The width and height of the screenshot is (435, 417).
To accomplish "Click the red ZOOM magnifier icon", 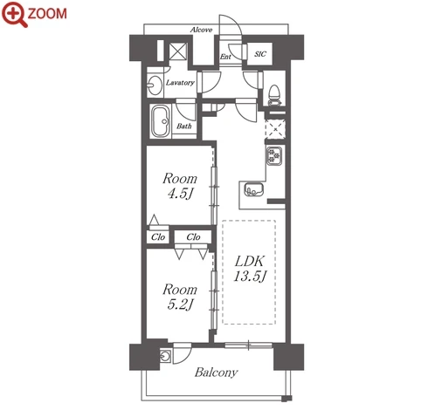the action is click(x=15, y=14).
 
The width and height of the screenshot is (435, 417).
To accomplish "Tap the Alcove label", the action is click(x=201, y=30).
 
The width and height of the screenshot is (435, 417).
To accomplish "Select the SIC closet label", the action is click(x=260, y=54).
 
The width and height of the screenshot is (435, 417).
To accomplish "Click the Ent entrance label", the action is click(x=225, y=57).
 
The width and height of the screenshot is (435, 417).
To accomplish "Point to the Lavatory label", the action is click(x=180, y=83).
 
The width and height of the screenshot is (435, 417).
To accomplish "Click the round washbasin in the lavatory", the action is click(x=155, y=85).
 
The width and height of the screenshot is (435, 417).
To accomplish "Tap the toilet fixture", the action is click(x=273, y=95).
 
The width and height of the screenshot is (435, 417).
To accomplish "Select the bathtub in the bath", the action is click(x=161, y=120).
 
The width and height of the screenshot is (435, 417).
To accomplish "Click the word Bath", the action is click(x=184, y=126).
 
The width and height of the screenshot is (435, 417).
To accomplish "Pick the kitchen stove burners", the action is click(x=274, y=156).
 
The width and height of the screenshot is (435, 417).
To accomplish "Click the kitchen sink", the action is click(x=254, y=189).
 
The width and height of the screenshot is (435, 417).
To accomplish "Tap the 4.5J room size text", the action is click(x=180, y=194).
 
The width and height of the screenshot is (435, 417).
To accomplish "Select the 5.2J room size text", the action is click(x=180, y=304).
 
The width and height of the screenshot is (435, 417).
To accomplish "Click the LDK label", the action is click(x=250, y=262).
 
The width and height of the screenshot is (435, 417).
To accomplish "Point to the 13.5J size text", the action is click(x=250, y=277).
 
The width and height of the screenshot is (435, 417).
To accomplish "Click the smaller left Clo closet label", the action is click(x=158, y=237).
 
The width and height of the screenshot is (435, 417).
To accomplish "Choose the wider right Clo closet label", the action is click(x=193, y=237).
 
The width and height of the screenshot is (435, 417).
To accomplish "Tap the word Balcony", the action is click(x=216, y=373).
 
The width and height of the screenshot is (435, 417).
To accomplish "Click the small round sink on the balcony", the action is click(x=165, y=356).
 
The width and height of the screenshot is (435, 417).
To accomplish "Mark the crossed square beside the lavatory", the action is click(x=178, y=51).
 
